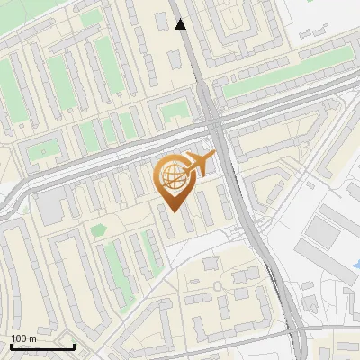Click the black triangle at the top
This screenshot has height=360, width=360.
click(x=181, y=24)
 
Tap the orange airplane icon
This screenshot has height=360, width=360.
click(x=199, y=164)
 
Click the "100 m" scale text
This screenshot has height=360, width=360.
click(x=24, y=338)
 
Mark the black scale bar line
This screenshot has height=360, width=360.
click(x=42, y=346)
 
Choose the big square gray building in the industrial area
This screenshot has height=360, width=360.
click(x=321, y=231)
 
